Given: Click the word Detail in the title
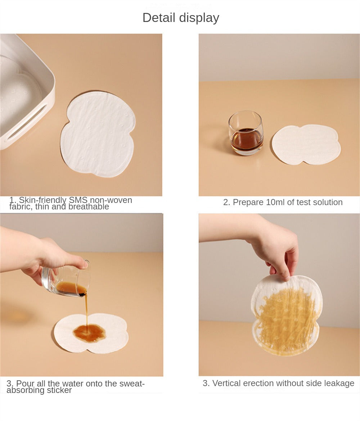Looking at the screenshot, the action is coord(159,18).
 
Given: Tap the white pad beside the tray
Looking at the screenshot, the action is coord(98,134).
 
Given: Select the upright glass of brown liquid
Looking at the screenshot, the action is coord(246,133).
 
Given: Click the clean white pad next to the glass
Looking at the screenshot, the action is coord(306,144).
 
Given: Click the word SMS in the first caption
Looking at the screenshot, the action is coord(78,200).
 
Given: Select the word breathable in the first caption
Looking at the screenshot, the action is coord(89,207).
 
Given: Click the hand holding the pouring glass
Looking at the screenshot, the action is coord(43,255).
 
